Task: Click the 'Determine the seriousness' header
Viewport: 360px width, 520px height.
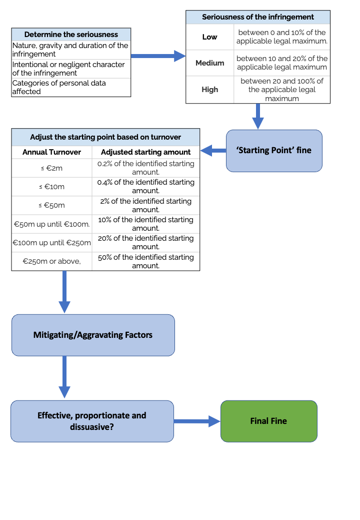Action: (x=71, y=35)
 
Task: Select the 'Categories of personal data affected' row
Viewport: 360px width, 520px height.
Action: (x=71, y=87)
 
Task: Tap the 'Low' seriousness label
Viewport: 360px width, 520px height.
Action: (x=209, y=37)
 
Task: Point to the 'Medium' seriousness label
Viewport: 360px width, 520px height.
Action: (x=209, y=63)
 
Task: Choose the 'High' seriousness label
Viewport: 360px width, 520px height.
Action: (x=209, y=90)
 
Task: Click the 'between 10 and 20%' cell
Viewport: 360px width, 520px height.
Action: (x=281, y=63)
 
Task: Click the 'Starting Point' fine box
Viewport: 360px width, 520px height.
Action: (x=273, y=150)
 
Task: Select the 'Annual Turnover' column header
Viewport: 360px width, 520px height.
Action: (x=51, y=152)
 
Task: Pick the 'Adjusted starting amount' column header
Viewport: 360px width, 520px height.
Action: (x=145, y=152)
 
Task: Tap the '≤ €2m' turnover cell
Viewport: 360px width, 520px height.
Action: (x=51, y=168)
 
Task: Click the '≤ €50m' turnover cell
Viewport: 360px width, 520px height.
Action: (x=51, y=205)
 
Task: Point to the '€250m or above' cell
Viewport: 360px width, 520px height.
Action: (x=51, y=261)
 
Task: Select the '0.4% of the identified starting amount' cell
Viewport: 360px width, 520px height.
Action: (x=145, y=186)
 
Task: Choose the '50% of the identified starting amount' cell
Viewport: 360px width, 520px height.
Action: (x=145, y=261)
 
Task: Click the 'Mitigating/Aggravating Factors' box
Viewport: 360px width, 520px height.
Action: (x=93, y=335)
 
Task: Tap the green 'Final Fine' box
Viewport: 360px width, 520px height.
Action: (x=268, y=421)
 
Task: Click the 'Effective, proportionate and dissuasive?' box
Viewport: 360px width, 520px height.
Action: (x=92, y=421)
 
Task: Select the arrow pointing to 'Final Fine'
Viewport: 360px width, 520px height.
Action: (x=197, y=421)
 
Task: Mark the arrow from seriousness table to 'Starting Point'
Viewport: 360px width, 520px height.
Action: (x=257, y=116)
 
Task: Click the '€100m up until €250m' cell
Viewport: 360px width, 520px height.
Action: (x=51, y=243)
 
